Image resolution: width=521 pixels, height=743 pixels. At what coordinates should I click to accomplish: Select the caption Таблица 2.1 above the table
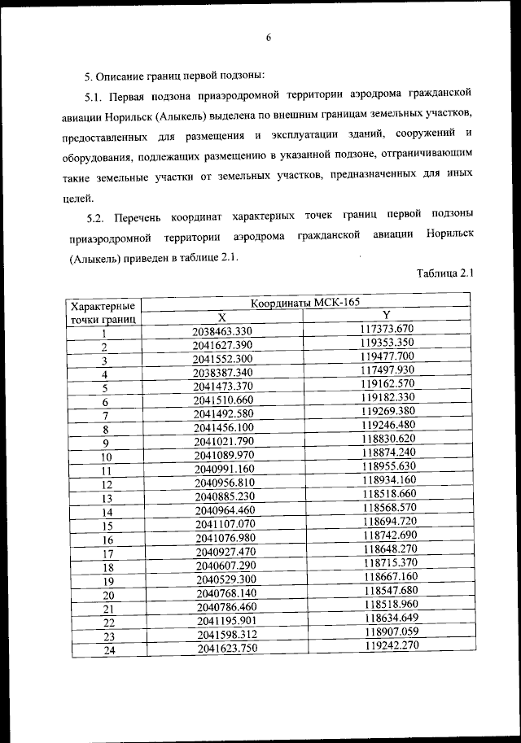pos(444,274)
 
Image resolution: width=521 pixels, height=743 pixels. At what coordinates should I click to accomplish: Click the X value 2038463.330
pos(224,330)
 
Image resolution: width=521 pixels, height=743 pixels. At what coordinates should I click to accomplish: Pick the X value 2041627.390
pos(224,345)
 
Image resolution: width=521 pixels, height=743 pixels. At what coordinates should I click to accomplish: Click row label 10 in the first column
pos(105,457)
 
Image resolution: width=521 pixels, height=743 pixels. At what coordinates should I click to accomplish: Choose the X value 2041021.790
pos(224,442)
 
